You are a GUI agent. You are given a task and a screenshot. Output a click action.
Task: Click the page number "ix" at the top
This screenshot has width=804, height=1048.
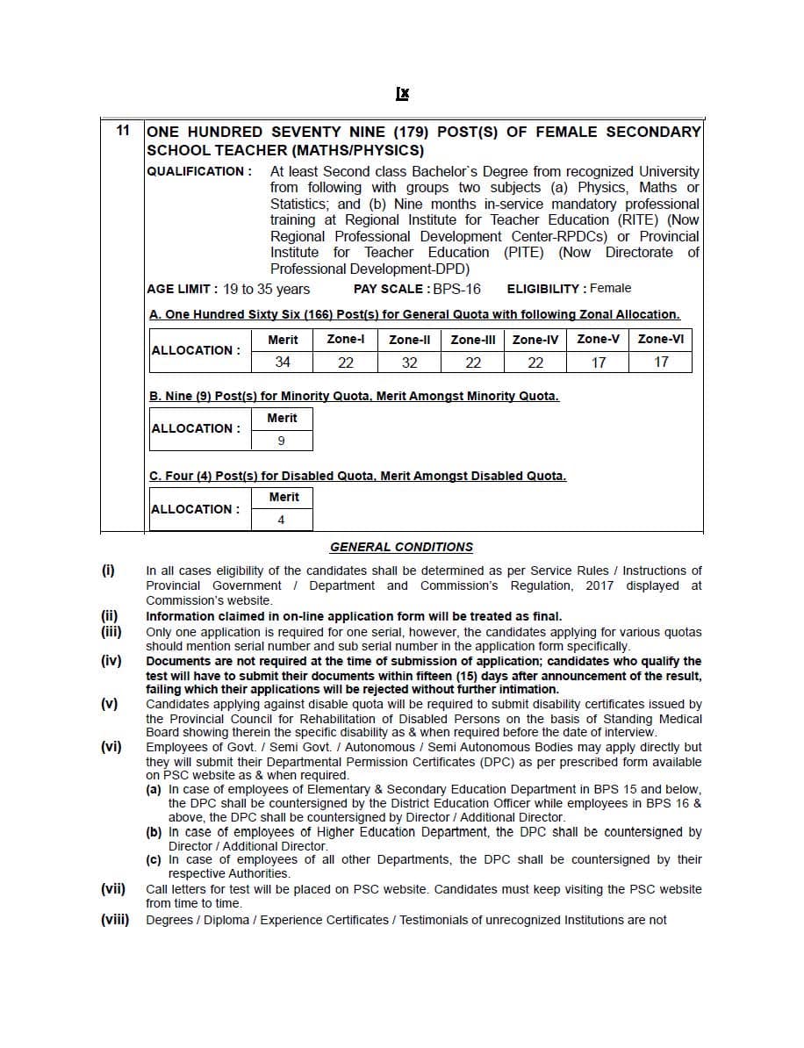click(402, 94)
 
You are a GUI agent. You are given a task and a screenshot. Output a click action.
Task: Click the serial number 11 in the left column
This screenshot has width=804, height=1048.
click(123, 131)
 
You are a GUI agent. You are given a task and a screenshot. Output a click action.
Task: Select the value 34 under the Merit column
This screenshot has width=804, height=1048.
click(283, 362)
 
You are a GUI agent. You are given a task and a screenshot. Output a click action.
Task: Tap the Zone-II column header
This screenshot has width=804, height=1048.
click(409, 340)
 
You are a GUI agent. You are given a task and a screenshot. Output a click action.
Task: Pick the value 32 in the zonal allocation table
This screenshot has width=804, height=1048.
click(409, 362)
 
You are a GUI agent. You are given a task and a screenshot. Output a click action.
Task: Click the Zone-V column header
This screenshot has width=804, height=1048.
click(599, 340)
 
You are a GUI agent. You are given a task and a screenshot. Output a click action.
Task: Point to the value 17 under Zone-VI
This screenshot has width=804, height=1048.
click(661, 362)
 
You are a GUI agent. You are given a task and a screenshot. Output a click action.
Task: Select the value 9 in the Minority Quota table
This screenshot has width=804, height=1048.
click(281, 441)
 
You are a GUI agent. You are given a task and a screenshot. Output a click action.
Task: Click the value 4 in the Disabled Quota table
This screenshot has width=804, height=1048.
click(281, 520)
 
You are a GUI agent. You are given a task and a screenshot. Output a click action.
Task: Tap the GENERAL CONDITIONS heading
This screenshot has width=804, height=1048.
click(401, 547)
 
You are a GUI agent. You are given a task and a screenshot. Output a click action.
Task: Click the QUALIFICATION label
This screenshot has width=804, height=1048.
click(199, 171)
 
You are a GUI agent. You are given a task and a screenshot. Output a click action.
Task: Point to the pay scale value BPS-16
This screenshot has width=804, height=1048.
click(456, 289)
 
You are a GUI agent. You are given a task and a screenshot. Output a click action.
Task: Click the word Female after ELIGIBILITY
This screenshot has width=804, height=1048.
click(611, 288)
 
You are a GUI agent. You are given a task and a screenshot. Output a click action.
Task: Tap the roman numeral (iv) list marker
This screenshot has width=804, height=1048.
click(111, 661)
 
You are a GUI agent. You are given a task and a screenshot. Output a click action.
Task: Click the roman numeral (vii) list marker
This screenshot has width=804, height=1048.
click(113, 889)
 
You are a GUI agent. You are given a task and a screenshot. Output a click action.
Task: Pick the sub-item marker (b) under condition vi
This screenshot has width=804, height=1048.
click(154, 832)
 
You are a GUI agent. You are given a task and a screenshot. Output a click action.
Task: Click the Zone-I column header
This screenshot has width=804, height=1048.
click(346, 340)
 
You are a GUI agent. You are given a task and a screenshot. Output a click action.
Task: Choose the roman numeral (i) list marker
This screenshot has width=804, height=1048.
click(108, 571)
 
